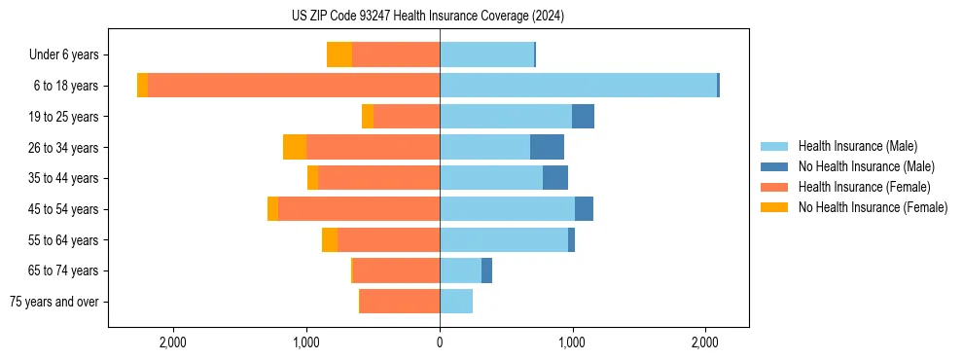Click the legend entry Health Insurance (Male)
pyautogui.click(x=857, y=146)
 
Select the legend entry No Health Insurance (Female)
pyautogui.click(x=873, y=207)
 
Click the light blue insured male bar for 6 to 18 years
pyautogui.click(x=578, y=86)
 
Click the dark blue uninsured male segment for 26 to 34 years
pyautogui.click(x=547, y=147)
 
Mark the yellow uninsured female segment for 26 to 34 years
pyautogui.click(x=295, y=147)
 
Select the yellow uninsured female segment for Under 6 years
pyautogui.click(x=339, y=55)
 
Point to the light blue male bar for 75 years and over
pyautogui.click(x=456, y=302)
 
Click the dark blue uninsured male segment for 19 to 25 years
pyautogui.click(x=583, y=117)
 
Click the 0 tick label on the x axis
pyautogui.click(x=440, y=342)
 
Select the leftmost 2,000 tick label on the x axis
pyautogui.click(x=173, y=342)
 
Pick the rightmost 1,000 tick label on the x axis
pyautogui.click(x=572, y=342)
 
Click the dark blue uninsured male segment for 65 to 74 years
pyautogui.click(x=486, y=270)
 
